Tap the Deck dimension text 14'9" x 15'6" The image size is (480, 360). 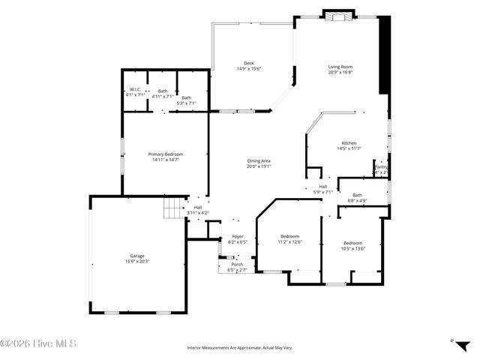(248, 68)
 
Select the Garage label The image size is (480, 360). (137, 256)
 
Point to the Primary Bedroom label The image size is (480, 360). (165, 154)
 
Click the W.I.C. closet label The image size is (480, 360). (136, 91)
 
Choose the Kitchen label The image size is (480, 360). (349, 143)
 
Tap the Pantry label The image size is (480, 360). (381, 166)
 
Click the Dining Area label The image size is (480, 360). (259, 161)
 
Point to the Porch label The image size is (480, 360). (236, 264)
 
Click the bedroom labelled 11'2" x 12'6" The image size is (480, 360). (289, 236)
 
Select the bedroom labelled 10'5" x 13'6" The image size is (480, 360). (352, 243)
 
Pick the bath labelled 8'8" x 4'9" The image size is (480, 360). (357, 194)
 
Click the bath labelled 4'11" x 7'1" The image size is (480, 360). (163, 91)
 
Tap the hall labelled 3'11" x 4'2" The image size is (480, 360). (197, 208)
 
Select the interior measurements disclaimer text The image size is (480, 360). (240, 347)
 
